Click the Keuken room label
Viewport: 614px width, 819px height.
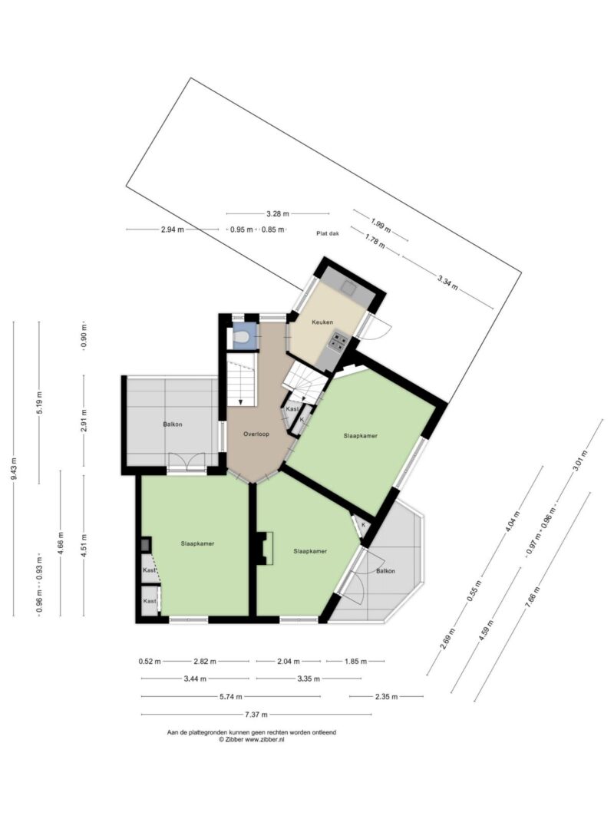(x=322, y=322)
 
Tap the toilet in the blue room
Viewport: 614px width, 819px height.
(x=241, y=338)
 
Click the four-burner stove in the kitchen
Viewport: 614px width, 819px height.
(x=337, y=341)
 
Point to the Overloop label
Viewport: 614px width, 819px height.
(x=256, y=434)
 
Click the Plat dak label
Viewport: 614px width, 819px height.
(x=328, y=233)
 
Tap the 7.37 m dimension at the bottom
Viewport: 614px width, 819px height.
(x=256, y=715)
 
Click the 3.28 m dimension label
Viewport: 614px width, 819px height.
(x=277, y=213)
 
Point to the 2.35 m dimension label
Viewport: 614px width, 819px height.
(x=386, y=696)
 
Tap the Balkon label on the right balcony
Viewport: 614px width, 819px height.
(x=386, y=571)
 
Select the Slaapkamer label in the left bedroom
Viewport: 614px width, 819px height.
(x=197, y=543)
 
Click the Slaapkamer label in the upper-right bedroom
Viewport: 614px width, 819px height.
(x=360, y=436)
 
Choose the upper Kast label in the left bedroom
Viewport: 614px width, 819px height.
(x=150, y=570)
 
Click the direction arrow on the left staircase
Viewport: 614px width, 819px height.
(x=240, y=402)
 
